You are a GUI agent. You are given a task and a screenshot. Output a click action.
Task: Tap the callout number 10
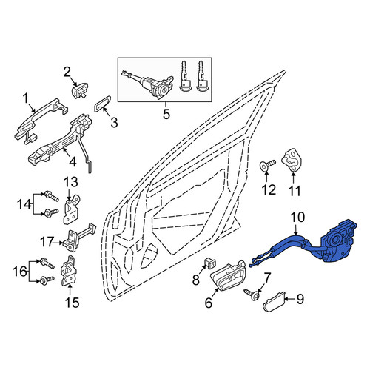(297, 218)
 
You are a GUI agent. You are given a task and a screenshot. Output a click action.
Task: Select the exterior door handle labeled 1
(41, 121)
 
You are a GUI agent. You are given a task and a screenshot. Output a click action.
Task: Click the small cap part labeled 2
(80, 90)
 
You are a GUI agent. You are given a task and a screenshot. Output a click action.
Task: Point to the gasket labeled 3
(102, 104)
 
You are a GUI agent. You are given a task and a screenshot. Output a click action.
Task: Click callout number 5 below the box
(166, 114)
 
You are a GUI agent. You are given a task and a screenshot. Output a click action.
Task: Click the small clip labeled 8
(209, 263)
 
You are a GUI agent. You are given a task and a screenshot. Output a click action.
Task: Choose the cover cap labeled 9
(274, 302)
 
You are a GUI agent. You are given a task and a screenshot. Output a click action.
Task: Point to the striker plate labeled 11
(292, 160)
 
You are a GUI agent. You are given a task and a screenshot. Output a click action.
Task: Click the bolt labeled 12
(268, 166)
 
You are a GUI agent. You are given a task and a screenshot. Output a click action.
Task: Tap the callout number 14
(24, 204)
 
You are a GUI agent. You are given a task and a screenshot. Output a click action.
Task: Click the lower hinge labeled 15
(69, 271)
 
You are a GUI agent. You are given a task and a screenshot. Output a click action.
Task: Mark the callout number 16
(20, 272)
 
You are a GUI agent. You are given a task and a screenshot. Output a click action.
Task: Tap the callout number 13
(71, 182)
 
